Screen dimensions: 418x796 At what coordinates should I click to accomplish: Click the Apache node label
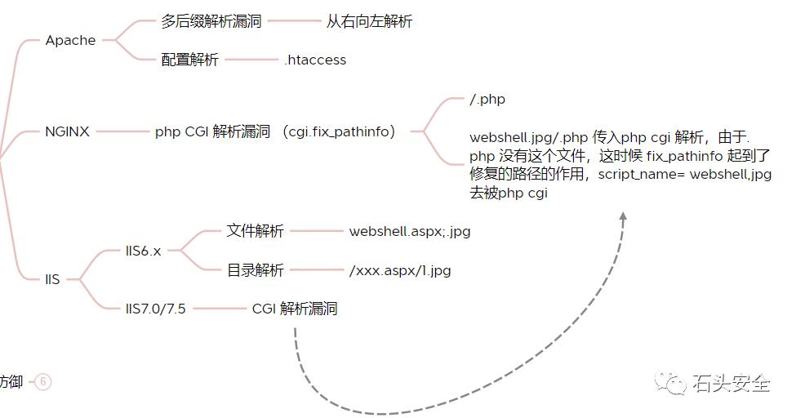click(x=70, y=40)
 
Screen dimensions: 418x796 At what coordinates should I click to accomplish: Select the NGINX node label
click(x=67, y=131)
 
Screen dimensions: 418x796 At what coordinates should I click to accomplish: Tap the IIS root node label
click(x=52, y=280)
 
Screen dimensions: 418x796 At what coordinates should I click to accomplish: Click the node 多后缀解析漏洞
click(x=211, y=21)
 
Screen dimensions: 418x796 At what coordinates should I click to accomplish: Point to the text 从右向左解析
click(x=369, y=21)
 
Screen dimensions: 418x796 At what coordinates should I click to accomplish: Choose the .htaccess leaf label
click(x=315, y=60)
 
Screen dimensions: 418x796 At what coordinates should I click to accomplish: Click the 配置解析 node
click(x=190, y=60)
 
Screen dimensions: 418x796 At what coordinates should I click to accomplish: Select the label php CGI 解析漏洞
click(x=212, y=131)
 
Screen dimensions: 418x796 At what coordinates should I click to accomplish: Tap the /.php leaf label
click(x=487, y=100)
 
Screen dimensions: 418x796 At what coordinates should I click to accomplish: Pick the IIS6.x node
click(x=143, y=251)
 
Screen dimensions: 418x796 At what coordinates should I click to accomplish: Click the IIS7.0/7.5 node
click(x=155, y=309)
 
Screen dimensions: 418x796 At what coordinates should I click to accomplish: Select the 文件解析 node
click(x=255, y=231)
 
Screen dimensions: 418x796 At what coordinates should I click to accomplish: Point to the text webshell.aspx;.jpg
click(x=409, y=231)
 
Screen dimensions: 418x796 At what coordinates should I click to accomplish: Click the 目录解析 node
click(x=255, y=270)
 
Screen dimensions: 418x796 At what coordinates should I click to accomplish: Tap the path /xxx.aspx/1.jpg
click(x=399, y=270)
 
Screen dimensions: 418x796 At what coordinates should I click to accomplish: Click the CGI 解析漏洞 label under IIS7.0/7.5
click(x=294, y=309)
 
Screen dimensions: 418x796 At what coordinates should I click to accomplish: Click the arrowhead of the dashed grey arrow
click(x=623, y=217)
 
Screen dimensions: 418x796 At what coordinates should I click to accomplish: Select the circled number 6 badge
click(x=43, y=381)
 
